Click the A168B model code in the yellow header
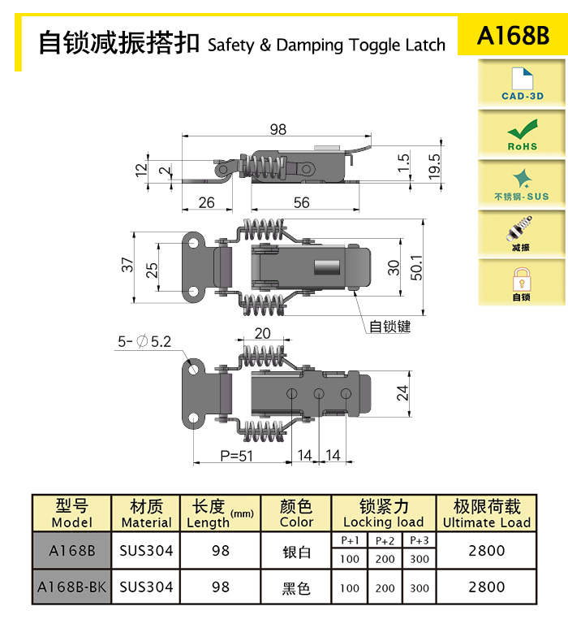[x=513, y=35]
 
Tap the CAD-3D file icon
[x=523, y=79]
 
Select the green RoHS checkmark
[x=523, y=129]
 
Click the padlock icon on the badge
[x=522, y=279]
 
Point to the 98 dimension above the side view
[x=278, y=129]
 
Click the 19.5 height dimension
[x=434, y=167]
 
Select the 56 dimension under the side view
[x=302, y=202]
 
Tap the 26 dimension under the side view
[x=206, y=202]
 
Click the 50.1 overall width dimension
[x=416, y=267]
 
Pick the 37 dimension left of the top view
[x=127, y=265]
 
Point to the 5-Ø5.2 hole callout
[x=144, y=342]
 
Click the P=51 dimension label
[x=236, y=456]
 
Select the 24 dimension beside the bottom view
[x=402, y=393]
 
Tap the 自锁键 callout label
[x=390, y=327]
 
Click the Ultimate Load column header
[x=486, y=513]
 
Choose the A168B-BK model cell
[x=71, y=587]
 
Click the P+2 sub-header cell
[x=385, y=541]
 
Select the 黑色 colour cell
[x=296, y=588]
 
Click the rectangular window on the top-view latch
[x=327, y=267]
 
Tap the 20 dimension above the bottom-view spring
[x=262, y=333]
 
